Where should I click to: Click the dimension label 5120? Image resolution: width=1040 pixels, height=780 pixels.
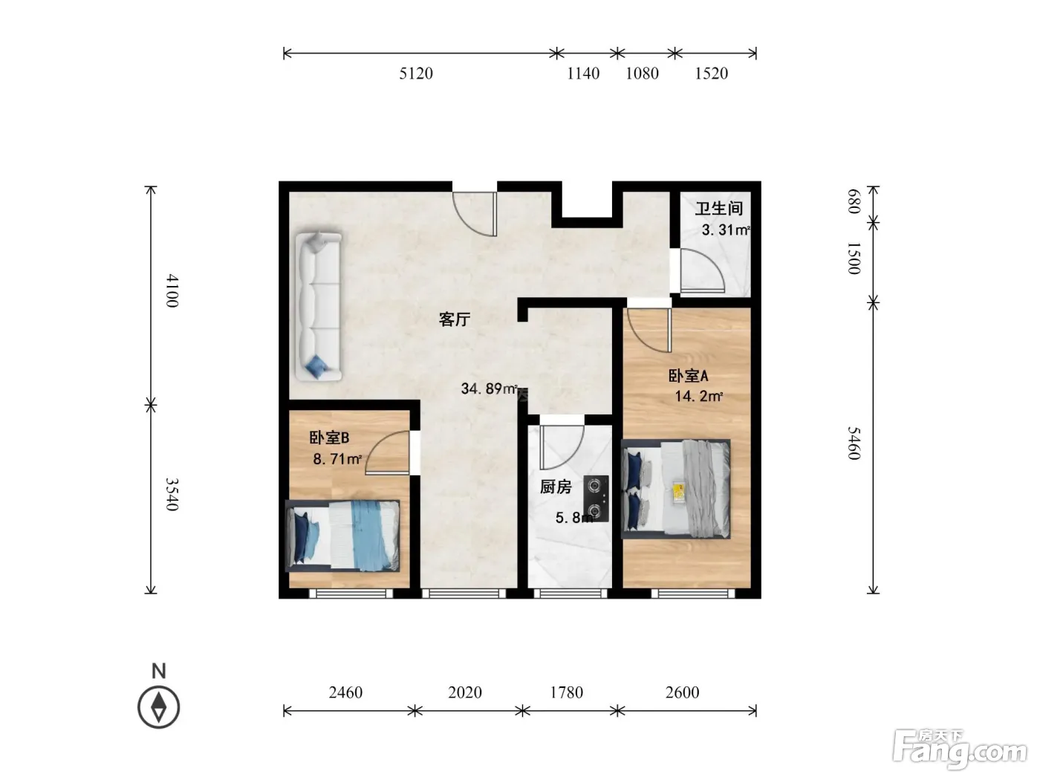(415, 74)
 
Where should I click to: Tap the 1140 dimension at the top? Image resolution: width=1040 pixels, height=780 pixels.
(583, 74)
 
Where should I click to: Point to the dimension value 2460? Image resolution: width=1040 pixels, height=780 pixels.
(345, 692)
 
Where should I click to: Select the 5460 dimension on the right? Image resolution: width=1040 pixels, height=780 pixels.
(854, 443)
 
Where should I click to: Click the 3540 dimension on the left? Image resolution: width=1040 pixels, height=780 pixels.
(172, 494)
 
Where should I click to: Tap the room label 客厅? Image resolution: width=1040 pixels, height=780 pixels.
(454, 319)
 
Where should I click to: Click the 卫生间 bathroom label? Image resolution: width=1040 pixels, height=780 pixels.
(718, 209)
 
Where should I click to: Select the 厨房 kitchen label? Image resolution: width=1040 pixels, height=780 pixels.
(556, 487)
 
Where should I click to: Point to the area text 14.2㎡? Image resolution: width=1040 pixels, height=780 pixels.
(699, 395)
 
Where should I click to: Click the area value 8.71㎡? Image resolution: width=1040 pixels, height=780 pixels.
(337, 459)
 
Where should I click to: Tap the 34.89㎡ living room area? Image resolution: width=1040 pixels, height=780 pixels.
(489, 389)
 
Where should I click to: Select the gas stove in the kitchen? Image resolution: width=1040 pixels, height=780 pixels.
(596, 498)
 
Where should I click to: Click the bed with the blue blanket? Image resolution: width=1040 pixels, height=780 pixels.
(342, 536)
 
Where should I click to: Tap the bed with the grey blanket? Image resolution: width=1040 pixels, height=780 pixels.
(676, 489)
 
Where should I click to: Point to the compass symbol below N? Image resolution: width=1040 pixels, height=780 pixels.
(159, 707)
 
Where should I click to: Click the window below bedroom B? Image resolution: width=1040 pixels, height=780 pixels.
(351, 593)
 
